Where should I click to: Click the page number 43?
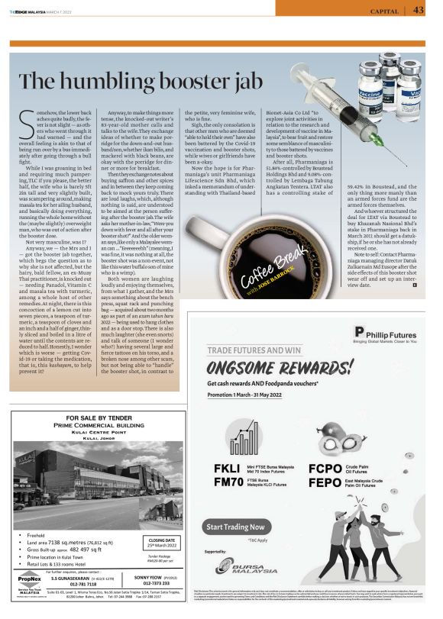tap(419, 10)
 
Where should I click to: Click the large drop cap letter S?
tap(23, 120)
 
